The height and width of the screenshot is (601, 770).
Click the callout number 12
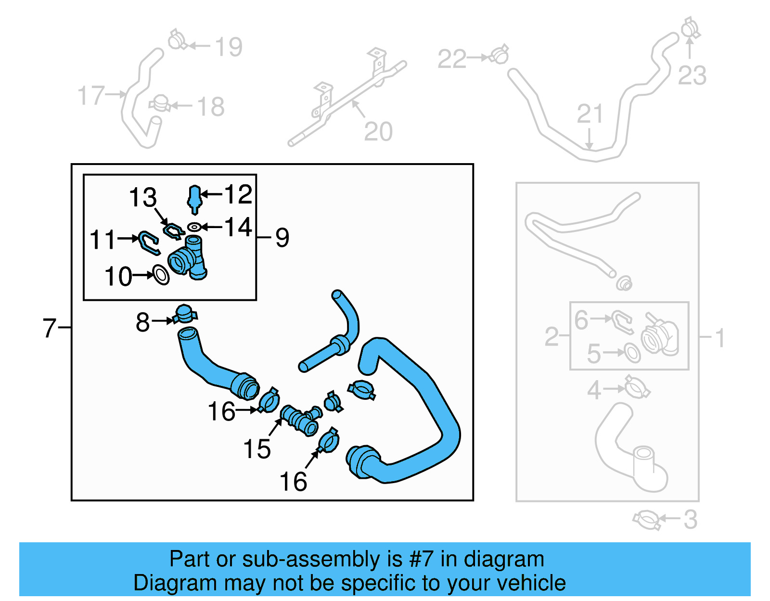pos(238,194)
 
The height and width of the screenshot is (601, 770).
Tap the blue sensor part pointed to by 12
pos(194,198)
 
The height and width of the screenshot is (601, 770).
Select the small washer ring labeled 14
pos(194,227)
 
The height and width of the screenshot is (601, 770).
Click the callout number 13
pos(143,198)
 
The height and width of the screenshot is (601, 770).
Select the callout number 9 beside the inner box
pos(282,238)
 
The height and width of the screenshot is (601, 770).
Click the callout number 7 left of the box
pos(50,328)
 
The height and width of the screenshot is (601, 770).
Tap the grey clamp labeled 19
pos(177,40)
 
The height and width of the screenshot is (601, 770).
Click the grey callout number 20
pos(378,131)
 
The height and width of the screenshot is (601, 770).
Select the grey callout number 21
pos(590,115)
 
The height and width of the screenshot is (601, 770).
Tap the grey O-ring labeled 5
pos(632,353)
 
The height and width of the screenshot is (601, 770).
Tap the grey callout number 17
pos(91,95)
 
